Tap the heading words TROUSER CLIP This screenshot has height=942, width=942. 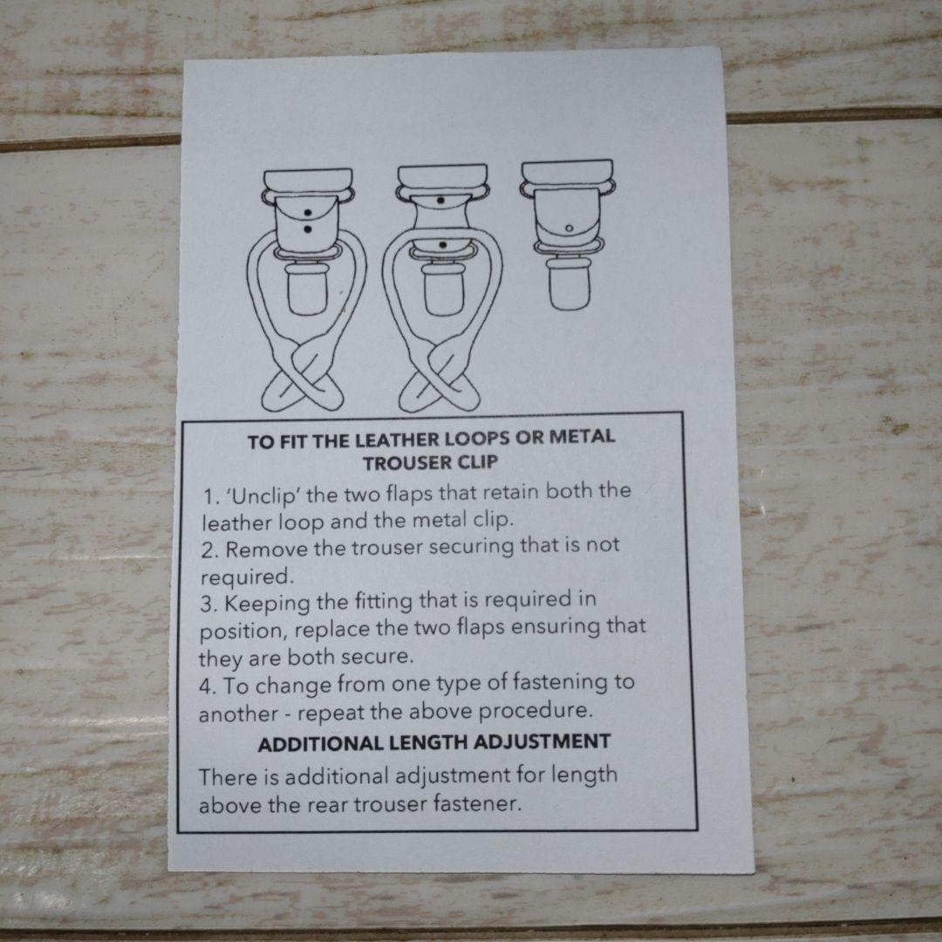[x=431, y=462]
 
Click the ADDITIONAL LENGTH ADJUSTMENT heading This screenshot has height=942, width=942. [x=433, y=742]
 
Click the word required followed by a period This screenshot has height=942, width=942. [x=247, y=577]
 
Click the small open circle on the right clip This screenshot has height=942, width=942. [x=569, y=229]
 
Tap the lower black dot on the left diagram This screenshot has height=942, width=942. [x=308, y=229]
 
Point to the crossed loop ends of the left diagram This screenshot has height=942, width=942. [x=302, y=378]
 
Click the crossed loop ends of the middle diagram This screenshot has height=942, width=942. [x=439, y=378]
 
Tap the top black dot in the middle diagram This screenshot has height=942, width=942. [x=440, y=200]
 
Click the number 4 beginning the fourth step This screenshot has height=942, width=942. [x=206, y=686]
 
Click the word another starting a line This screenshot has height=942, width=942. [x=238, y=714]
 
